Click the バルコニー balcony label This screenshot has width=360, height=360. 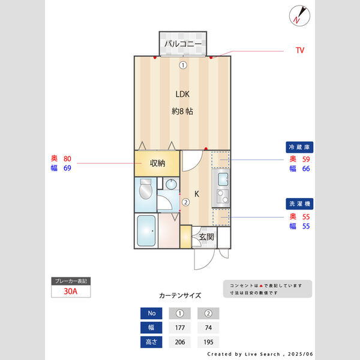click(x=182, y=44)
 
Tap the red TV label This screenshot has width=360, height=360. click(x=300, y=50)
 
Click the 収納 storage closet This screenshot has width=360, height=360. click(x=157, y=163)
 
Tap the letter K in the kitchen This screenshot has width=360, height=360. click(x=196, y=194)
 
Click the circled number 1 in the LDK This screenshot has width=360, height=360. click(x=182, y=65)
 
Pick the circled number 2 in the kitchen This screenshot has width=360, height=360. click(x=186, y=202)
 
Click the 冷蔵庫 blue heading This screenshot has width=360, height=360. click(x=300, y=147)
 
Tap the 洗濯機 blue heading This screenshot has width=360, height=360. click(x=300, y=204)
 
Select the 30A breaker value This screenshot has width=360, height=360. click(x=71, y=292)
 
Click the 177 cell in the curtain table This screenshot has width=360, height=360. click(x=179, y=328)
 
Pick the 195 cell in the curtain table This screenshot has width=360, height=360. click(x=208, y=342)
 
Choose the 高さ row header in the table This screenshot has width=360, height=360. click(x=151, y=342)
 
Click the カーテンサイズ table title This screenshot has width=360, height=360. click(x=180, y=296)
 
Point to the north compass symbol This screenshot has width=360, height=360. click(x=298, y=15)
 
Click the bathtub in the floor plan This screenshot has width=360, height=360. click(x=146, y=231)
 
